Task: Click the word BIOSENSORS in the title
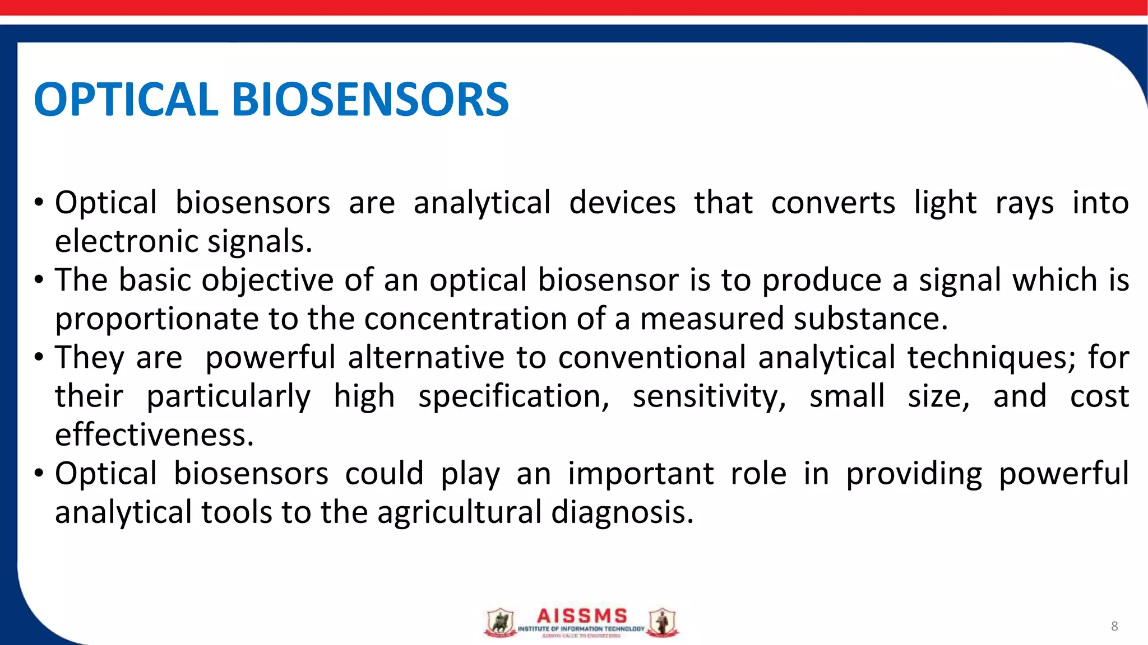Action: click(x=370, y=100)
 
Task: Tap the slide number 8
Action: click(x=1114, y=626)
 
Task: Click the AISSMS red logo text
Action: click(x=582, y=616)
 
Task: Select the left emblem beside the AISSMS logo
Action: click(x=499, y=623)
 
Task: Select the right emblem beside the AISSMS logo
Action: click(x=663, y=623)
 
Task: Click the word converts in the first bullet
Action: click(x=833, y=203)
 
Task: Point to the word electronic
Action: click(x=127, y=241)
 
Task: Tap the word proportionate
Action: click(x=156, y=319)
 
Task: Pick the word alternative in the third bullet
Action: click(x=426, y=357)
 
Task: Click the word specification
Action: click(x=513, y=396)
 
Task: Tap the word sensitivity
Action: click(x=709, y=396)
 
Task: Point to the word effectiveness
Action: click(x=154, y=434)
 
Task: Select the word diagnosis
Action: click(x=622, y=512)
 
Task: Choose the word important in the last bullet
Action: click(x=641, y=474)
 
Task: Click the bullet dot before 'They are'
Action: click(x=38, y=357)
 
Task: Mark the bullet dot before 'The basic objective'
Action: click(x=38, y=279)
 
